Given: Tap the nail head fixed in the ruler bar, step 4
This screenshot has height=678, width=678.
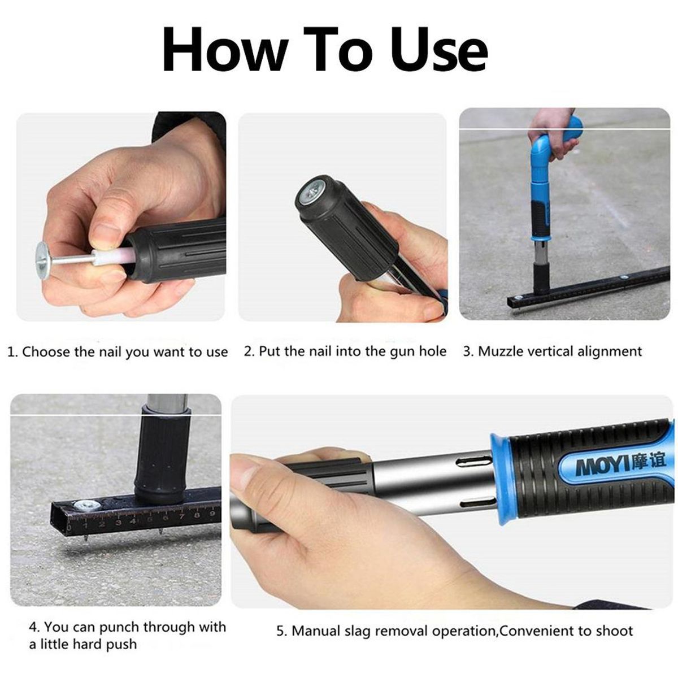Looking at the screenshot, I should pyautogui.click(x=89, y=505).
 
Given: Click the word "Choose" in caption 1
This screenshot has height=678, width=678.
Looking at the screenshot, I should pyautogui.click(x=46, y=352).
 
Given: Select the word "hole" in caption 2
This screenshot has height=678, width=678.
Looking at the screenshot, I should pyautogui.click(x=432, y=351).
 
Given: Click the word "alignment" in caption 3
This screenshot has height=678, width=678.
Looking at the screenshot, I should pyautogui.click(x=610, y=352).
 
